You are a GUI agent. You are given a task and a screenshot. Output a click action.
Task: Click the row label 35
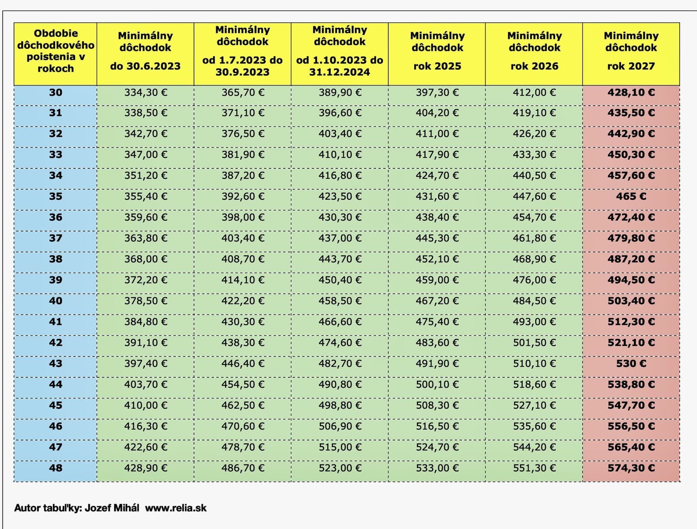56,197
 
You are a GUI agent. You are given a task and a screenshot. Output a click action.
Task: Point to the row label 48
56,468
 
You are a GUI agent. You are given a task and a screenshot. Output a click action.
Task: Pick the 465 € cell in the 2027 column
631,197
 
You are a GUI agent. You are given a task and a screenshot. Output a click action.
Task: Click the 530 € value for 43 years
631,363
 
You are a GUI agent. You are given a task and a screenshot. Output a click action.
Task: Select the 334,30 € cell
145,92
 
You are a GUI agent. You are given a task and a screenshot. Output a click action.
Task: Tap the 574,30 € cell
631,468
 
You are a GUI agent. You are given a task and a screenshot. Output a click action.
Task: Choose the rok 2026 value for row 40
535,301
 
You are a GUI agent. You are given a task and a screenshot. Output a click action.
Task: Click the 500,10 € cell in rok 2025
437,384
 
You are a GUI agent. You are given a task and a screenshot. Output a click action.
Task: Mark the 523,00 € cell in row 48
340,468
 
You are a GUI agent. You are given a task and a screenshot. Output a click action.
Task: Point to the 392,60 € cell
243,197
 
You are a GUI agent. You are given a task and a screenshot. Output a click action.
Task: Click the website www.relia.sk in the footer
176,508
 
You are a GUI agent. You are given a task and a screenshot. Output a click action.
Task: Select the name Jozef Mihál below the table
112,508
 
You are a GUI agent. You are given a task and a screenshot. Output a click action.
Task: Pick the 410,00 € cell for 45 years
145,405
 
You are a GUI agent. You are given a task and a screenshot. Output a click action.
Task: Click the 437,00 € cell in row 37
340,238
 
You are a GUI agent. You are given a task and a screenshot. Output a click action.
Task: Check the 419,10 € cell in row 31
535,113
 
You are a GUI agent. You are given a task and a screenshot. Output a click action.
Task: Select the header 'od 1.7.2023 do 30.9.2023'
243,66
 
